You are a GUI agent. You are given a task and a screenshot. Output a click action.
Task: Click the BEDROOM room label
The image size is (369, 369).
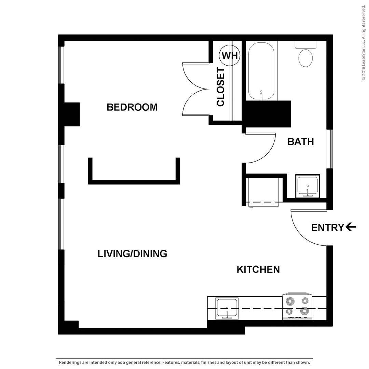132,107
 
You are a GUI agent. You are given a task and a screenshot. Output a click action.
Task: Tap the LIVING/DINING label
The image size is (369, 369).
132,254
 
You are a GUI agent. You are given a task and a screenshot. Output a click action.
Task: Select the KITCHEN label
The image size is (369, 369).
258,270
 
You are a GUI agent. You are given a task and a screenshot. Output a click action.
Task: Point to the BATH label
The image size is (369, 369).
301,142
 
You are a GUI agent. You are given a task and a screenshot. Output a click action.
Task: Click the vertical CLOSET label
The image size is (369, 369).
220,87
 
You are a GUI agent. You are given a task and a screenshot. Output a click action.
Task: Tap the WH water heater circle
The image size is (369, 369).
230,56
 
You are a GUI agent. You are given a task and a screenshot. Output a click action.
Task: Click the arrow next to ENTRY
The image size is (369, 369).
351,227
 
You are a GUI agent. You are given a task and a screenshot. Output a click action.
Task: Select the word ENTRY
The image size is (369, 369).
328,228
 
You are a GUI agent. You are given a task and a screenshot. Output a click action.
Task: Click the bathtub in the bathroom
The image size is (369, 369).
261,71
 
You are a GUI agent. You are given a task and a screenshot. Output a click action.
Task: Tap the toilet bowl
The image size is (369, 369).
305,58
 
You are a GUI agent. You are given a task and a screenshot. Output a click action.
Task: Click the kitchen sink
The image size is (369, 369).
227,308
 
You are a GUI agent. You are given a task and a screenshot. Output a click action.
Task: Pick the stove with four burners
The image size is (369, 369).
297,306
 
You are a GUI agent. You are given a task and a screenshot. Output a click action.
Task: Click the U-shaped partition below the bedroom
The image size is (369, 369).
134,182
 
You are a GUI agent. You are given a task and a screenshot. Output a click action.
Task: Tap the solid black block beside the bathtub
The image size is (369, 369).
268,114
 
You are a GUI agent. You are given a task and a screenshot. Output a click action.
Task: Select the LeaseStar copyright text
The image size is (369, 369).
364,43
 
